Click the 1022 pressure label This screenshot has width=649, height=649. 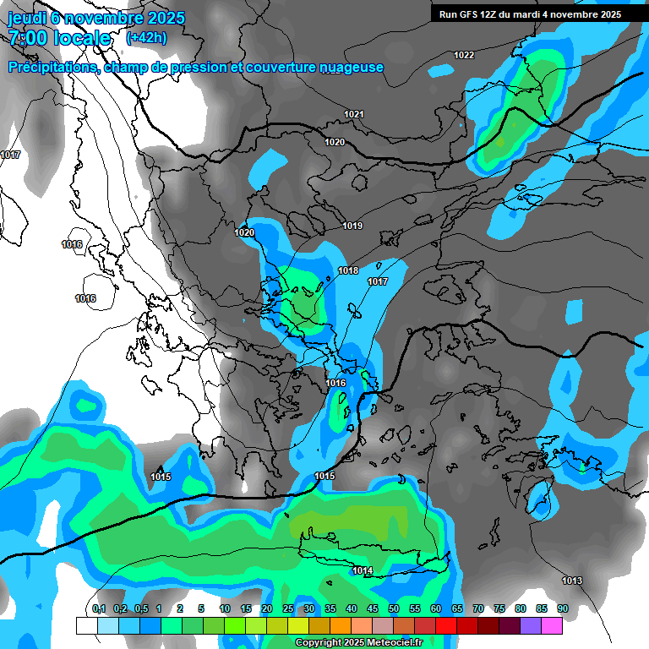pyautogui.click(x=464, y=56)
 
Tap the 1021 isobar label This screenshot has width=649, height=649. pyautogui.click(x=354, y=114)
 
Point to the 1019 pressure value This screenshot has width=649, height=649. pyautogui.click(x=352, y=226)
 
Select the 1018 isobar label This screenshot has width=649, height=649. pyautogui.click(x=348, y=270)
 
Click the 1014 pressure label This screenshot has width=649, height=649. pyautogui.click(x=363, y=571)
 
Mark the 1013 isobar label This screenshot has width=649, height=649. pyautogui.click(x=572, y=581)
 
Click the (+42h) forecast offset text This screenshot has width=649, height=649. pyautogui.click(x=146, y=38)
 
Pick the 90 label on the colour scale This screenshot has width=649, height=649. pyautogui.click(x=562, y=608)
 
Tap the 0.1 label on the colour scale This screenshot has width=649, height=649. pyautogui.click(x=99, y=608)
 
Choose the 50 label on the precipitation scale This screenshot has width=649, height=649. pyautogui.click(x=394, y=608)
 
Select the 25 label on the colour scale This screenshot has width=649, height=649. pyautogui.click(x=288, y=608)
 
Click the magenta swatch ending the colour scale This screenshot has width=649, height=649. pyautogui.click(x=552, y=625)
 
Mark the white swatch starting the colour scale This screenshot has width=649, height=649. pyautogui.click(x=86, y=625)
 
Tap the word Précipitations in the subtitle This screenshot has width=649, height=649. pyautogui.click(x=53, y=67)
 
